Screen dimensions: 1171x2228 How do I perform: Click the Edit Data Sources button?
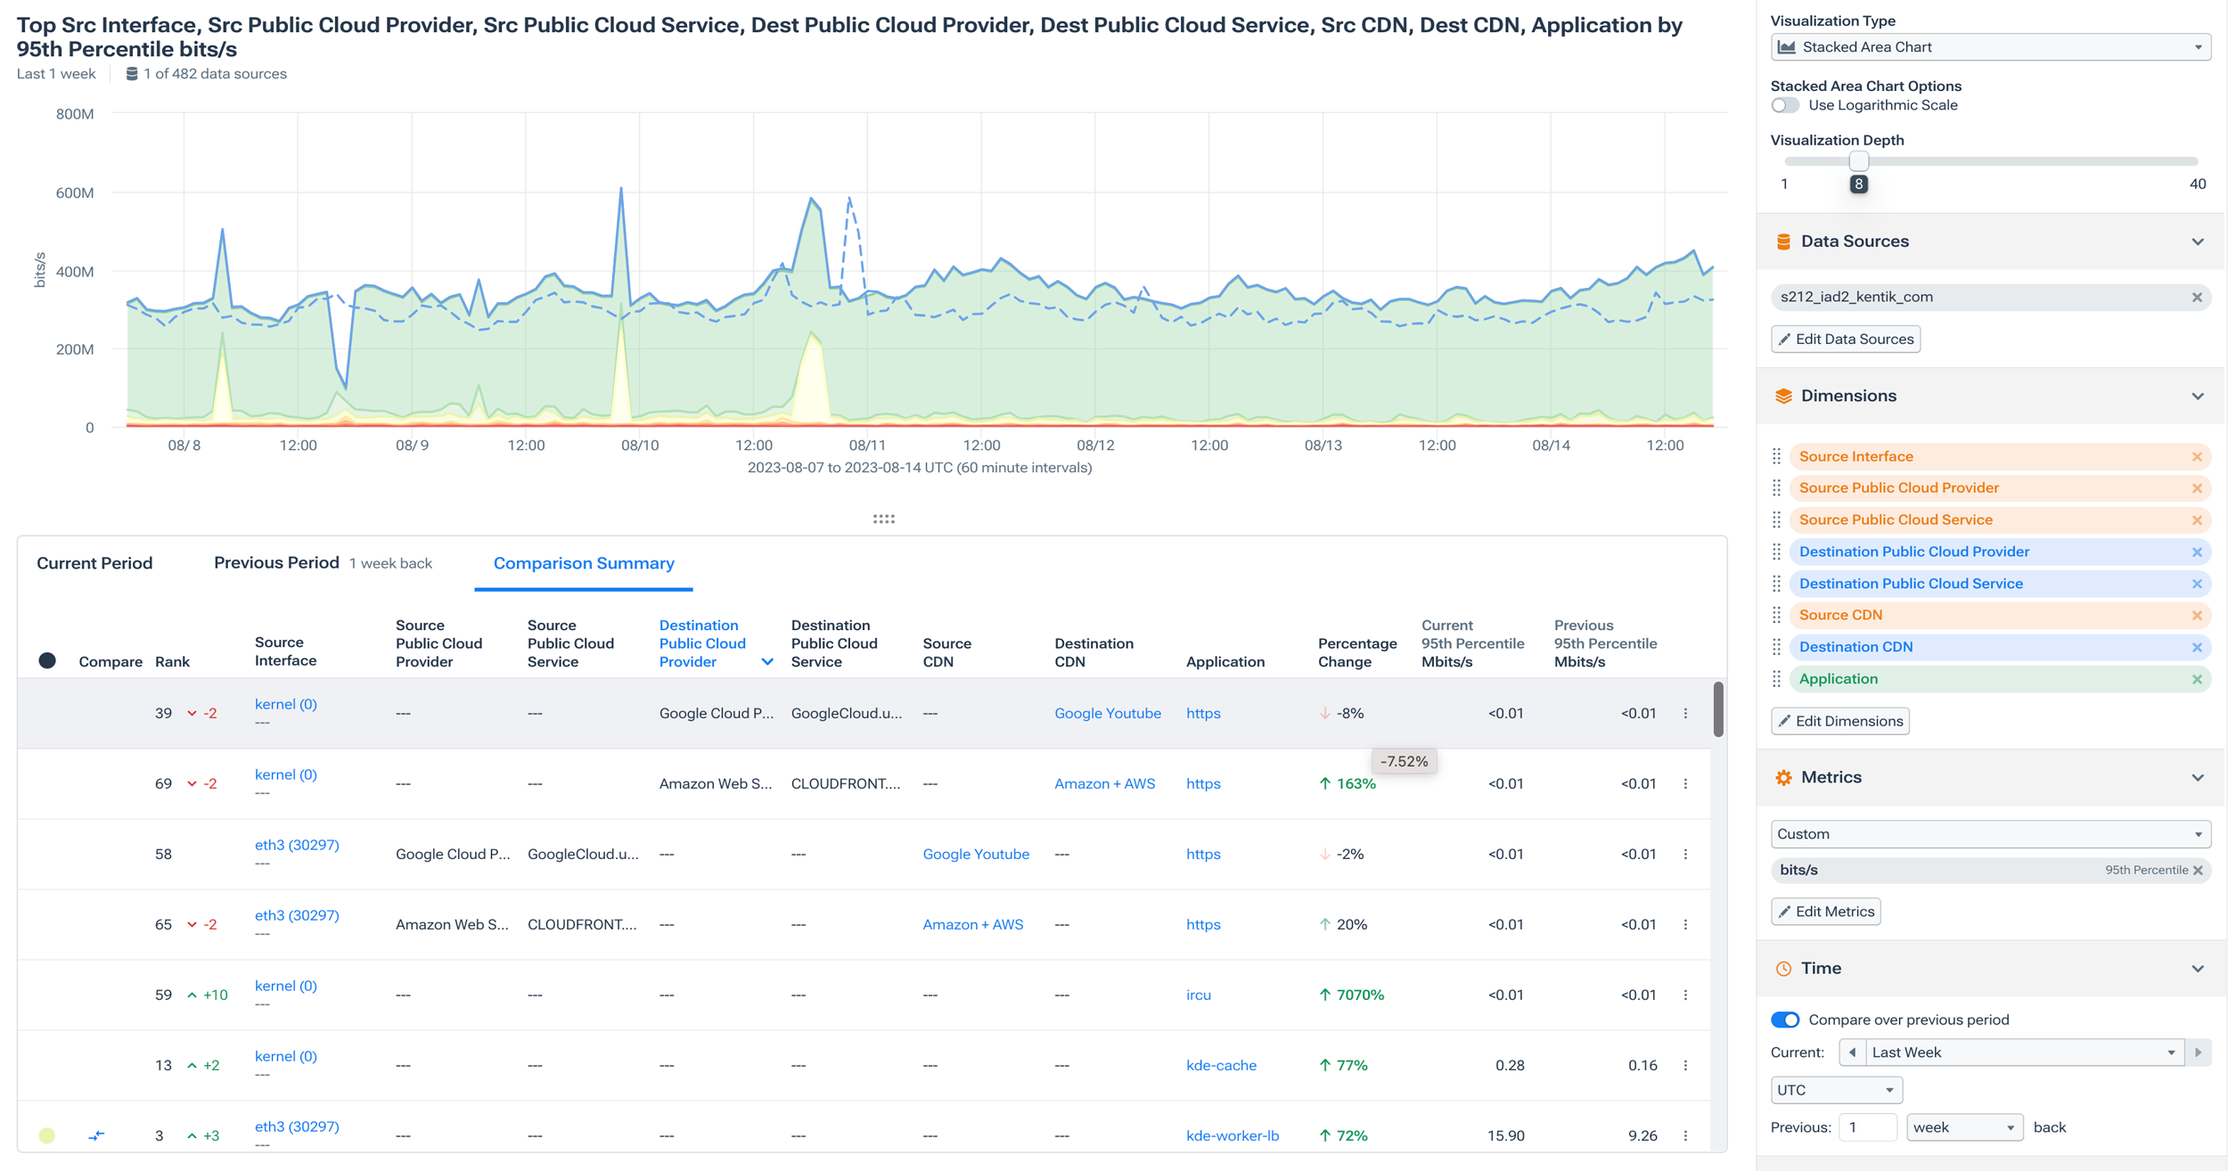click(1845, 339)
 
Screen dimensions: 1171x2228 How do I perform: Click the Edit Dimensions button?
click(1839, 721)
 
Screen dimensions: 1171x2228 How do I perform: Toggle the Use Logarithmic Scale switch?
click(1784, 105)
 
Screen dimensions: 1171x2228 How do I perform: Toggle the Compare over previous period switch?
click(1784, 1020)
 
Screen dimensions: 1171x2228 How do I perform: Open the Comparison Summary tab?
click(584, 563)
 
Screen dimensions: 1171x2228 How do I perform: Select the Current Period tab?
click(94, 563)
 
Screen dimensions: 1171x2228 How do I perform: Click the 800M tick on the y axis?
click(75, 114)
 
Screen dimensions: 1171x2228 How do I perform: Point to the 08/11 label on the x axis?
click(866, 445)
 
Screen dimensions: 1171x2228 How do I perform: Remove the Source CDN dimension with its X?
click(2197, 615)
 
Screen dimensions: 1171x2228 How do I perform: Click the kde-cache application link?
click(1221, 1065)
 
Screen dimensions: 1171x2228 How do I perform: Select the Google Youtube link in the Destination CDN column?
click(1107, 713)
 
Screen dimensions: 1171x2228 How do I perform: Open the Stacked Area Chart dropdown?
click(1989, 47)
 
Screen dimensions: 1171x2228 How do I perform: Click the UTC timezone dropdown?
click(1835, 1090)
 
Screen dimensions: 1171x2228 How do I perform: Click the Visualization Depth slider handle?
click(1858, 161)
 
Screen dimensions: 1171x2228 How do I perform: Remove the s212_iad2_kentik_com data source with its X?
click(2197, 297)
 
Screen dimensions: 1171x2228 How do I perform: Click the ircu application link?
click(1198, 995)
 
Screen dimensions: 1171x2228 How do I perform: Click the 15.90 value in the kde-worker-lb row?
click(1505, 1135)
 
